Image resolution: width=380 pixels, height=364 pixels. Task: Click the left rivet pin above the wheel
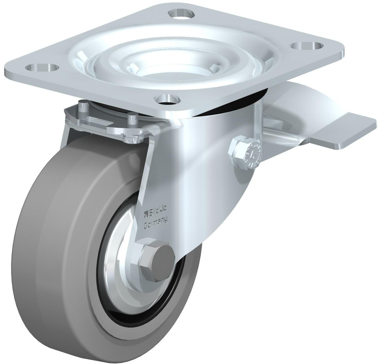(x=82, y=105)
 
